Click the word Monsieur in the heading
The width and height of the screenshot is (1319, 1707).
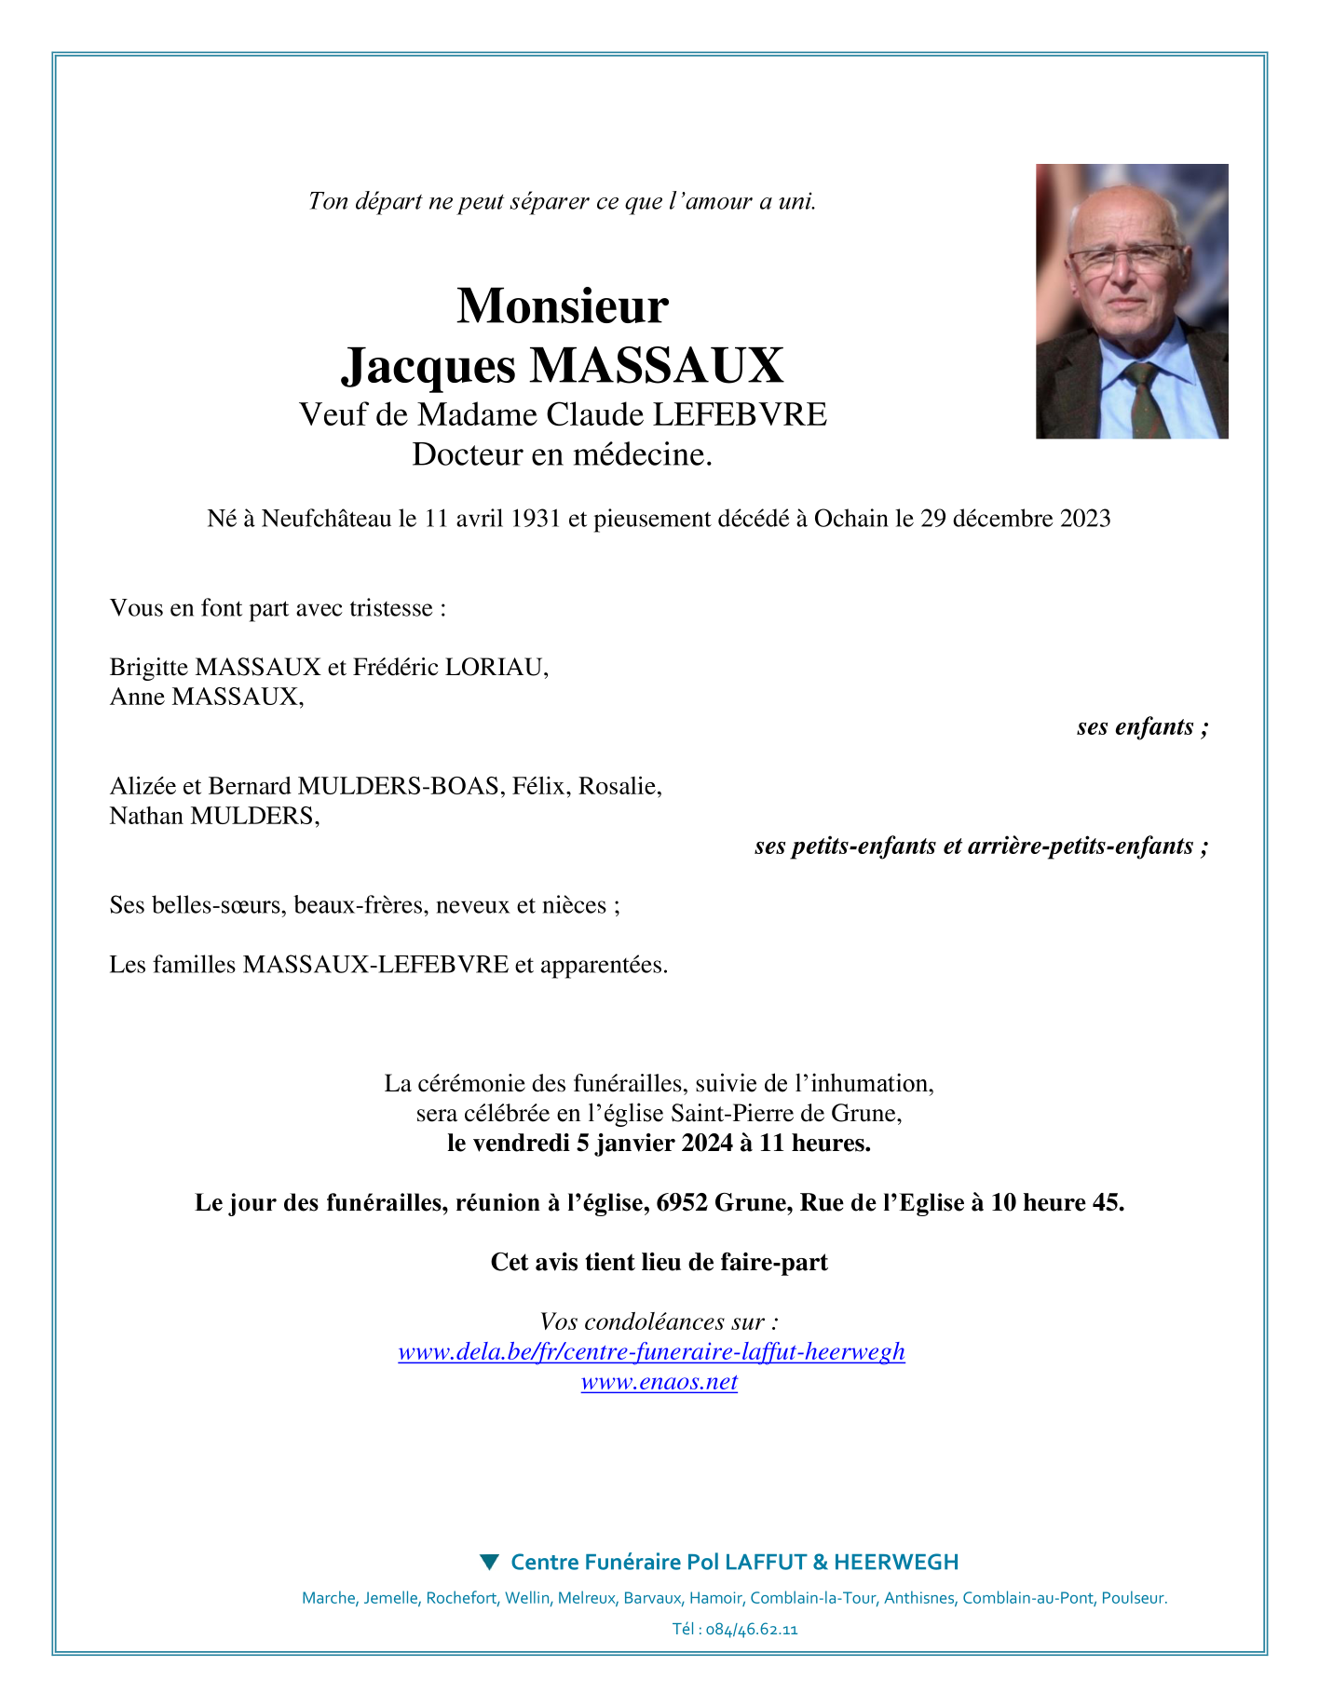coord(562,305)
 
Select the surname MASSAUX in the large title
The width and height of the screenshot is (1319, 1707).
coord(657,365)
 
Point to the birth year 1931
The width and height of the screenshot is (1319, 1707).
coord(536,519)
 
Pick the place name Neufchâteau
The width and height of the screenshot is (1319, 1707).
coord(326,519)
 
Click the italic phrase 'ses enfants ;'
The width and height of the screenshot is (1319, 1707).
coord(1142,726)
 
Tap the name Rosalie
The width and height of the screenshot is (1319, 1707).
coord(619,786)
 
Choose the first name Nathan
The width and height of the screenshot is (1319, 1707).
coord(147,816)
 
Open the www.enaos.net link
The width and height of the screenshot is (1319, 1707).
coord(659,1382)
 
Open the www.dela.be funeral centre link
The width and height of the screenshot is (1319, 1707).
coord(651,1352)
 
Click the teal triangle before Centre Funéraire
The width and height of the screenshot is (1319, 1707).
coord(489,1562)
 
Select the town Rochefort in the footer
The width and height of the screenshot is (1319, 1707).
coord(461,1598)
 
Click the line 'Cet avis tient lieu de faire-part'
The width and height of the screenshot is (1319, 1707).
coord(659,1263)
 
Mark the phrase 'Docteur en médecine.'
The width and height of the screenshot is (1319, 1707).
coord(562,454)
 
